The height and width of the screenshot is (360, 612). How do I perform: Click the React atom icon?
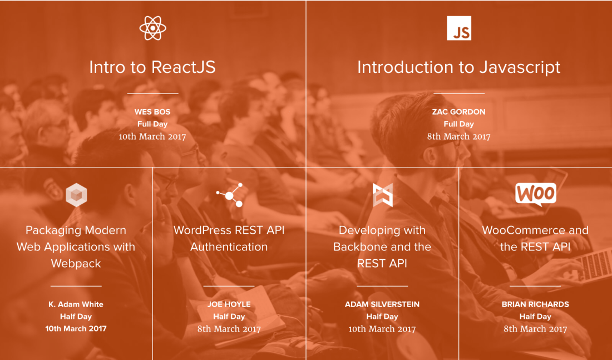153,28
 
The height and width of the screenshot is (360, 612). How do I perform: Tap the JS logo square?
459,28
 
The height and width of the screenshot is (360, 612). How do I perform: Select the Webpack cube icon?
76,195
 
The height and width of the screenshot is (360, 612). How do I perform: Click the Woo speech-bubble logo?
535,194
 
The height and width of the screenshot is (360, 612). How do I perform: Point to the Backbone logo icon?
382,195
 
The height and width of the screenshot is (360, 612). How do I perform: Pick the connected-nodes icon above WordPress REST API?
230,195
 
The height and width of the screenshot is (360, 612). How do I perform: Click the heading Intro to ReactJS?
152,67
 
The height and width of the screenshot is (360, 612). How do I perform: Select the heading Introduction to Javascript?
458,67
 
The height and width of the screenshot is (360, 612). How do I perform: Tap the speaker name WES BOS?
152,112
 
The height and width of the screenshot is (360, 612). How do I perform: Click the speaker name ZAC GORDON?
458,112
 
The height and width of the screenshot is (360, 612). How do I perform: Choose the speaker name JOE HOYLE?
229,304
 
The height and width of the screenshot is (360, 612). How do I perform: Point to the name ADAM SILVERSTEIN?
382,304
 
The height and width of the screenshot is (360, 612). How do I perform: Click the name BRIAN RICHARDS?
535,304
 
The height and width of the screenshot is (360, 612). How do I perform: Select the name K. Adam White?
76,304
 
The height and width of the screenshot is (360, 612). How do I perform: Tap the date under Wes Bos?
152,136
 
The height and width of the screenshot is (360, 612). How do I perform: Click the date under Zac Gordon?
458,136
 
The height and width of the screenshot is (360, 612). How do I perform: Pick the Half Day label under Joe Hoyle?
229,317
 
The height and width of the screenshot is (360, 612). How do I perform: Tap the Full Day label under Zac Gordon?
458,124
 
